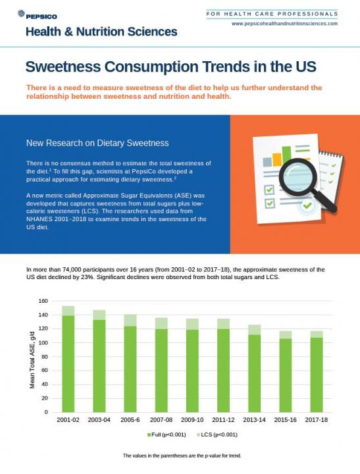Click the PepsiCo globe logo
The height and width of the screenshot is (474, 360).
point(21,13)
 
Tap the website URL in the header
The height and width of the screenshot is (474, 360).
point(284,24)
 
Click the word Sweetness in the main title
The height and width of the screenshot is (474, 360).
point(63,66)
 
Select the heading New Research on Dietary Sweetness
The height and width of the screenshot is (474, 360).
point(97,143)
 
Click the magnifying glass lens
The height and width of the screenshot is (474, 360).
point(298,176)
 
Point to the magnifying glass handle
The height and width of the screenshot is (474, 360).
point(325,200)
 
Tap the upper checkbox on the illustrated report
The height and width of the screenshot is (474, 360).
point(269,190)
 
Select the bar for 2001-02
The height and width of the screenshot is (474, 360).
point(68,359)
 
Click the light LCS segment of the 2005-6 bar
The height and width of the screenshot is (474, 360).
point(130,321)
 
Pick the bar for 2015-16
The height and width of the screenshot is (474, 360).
point(286,371)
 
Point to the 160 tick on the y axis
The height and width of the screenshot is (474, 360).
point(43,301)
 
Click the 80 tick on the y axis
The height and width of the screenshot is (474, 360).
point(45,357)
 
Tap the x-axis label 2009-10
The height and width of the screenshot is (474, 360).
point(192,420)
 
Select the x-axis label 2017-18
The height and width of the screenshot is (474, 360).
point(316,420)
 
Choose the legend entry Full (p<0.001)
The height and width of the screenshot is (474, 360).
point(167,434)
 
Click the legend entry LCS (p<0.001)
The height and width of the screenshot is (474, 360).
point(217,434)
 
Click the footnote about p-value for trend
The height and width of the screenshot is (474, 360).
point(182,456)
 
